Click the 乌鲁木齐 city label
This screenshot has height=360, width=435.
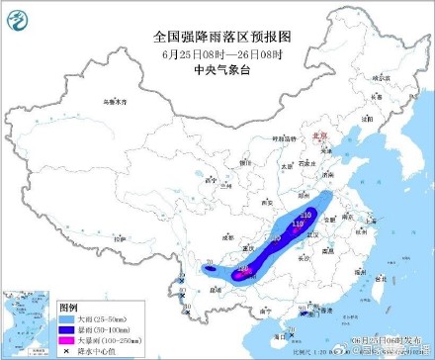[117, 101]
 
